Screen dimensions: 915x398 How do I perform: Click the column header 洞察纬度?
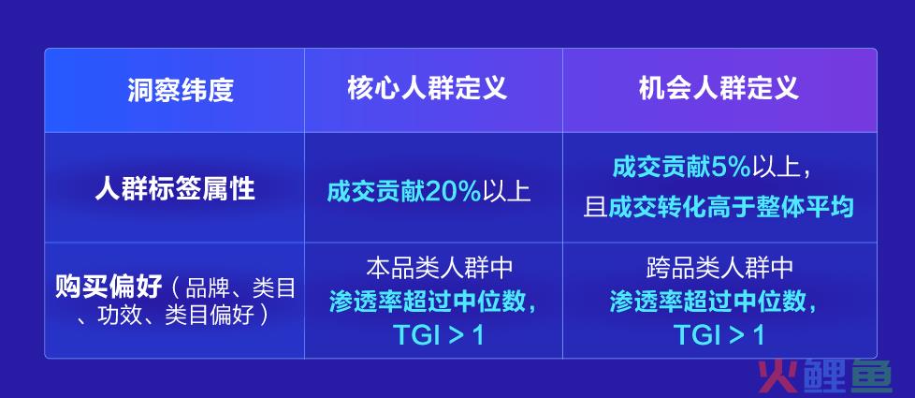pos(181,91)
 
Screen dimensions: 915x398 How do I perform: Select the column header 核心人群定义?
pos(428,89)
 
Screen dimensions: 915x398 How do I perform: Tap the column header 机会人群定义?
pos(719,89)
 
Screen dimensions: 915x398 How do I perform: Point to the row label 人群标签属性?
pos(174,190)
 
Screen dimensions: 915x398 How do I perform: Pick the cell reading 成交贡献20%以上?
pos(428,191)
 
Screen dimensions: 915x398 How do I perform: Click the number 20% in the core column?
pos(453,191)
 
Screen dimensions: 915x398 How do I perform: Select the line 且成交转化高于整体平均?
pos(719,207)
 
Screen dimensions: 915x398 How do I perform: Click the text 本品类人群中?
pos(440,268)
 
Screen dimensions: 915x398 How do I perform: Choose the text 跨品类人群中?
pos(719,268)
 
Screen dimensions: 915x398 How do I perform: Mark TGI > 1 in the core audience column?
pos(438,335)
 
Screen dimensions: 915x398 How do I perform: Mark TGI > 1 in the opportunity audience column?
pos(719,335)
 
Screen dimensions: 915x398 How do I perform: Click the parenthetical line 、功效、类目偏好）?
pos(175,315)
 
